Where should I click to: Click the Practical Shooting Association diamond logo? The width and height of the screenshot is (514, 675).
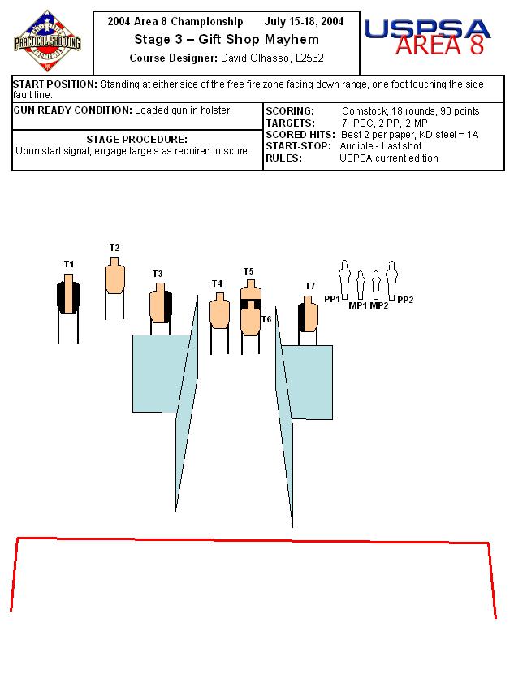pyautogui.click(x=47, y=41)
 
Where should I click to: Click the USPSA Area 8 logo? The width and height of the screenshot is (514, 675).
pyautogui.click(x=427, y=37)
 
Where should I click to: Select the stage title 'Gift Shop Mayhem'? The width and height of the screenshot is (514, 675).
pyautogui.click(x=258, y=40)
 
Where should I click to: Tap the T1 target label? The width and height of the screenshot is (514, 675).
pyautogui.click(x=69, y=264)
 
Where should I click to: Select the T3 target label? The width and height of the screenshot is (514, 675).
pyautogui.click(x=158, y=274)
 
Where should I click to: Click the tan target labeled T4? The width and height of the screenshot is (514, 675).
pyautogui.click(x=219, y=310)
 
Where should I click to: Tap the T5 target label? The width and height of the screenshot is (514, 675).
pyautogui.click(x=248, y=271)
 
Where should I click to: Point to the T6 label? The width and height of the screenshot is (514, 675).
pyautogui.click(x=266, y=319)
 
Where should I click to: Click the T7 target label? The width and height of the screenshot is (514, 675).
pyautogui.click(x=310, y=286)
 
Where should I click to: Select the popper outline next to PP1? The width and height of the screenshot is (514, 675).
pyautogui.click(x=344, y=279)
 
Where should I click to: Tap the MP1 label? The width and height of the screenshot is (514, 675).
pyautogui.click(x=358, y=305)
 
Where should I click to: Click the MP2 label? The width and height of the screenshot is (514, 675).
pyautogui.click(x=379, y=305)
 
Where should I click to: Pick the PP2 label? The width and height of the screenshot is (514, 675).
pyautogui.click(x=405, y=300)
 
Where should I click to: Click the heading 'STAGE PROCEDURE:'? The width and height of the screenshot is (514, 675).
pyautogui.click(x=137, y=140)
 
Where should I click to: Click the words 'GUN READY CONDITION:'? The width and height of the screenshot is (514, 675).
pyautogui.click(x=73, y=110)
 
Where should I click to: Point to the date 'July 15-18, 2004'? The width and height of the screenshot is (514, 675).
pyautogui.click(x=304, y=21)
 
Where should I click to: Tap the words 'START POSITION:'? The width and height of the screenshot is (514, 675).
pyautogui.click(x=55, y=84)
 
